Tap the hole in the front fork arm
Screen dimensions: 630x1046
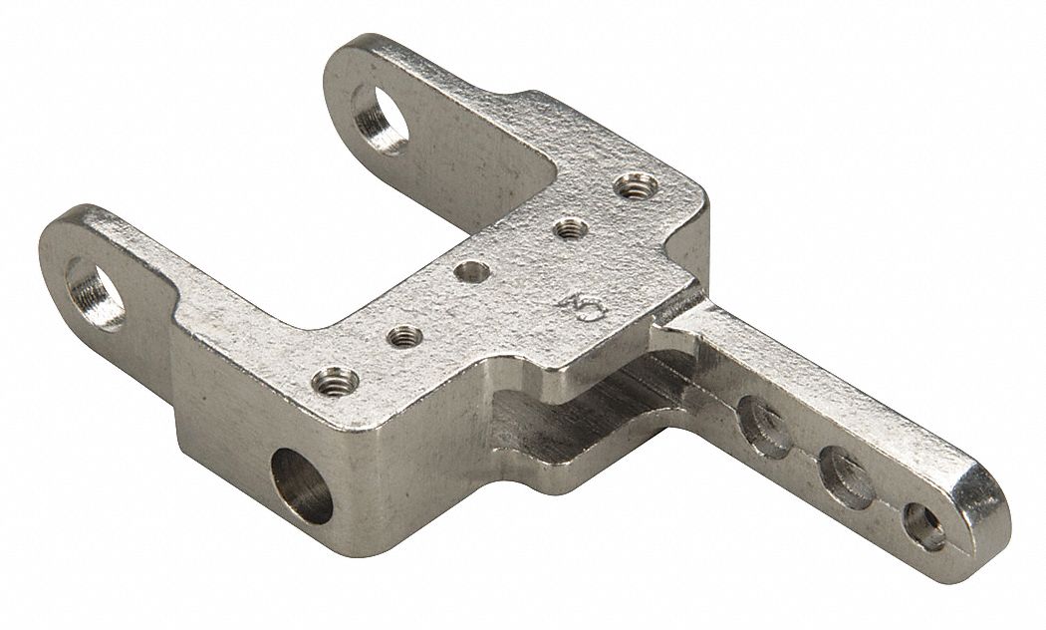pyautogui.click(x=96, y=292)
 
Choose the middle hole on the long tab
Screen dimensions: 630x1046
pyautogui.click(x=846, y=473)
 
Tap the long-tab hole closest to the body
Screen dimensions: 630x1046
pyautogui.click(x=767, y=428)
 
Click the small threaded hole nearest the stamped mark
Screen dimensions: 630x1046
pyautogui.click(x=569, y=229)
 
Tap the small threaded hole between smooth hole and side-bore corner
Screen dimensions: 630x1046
pyautogui.click(x=402, y=336)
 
